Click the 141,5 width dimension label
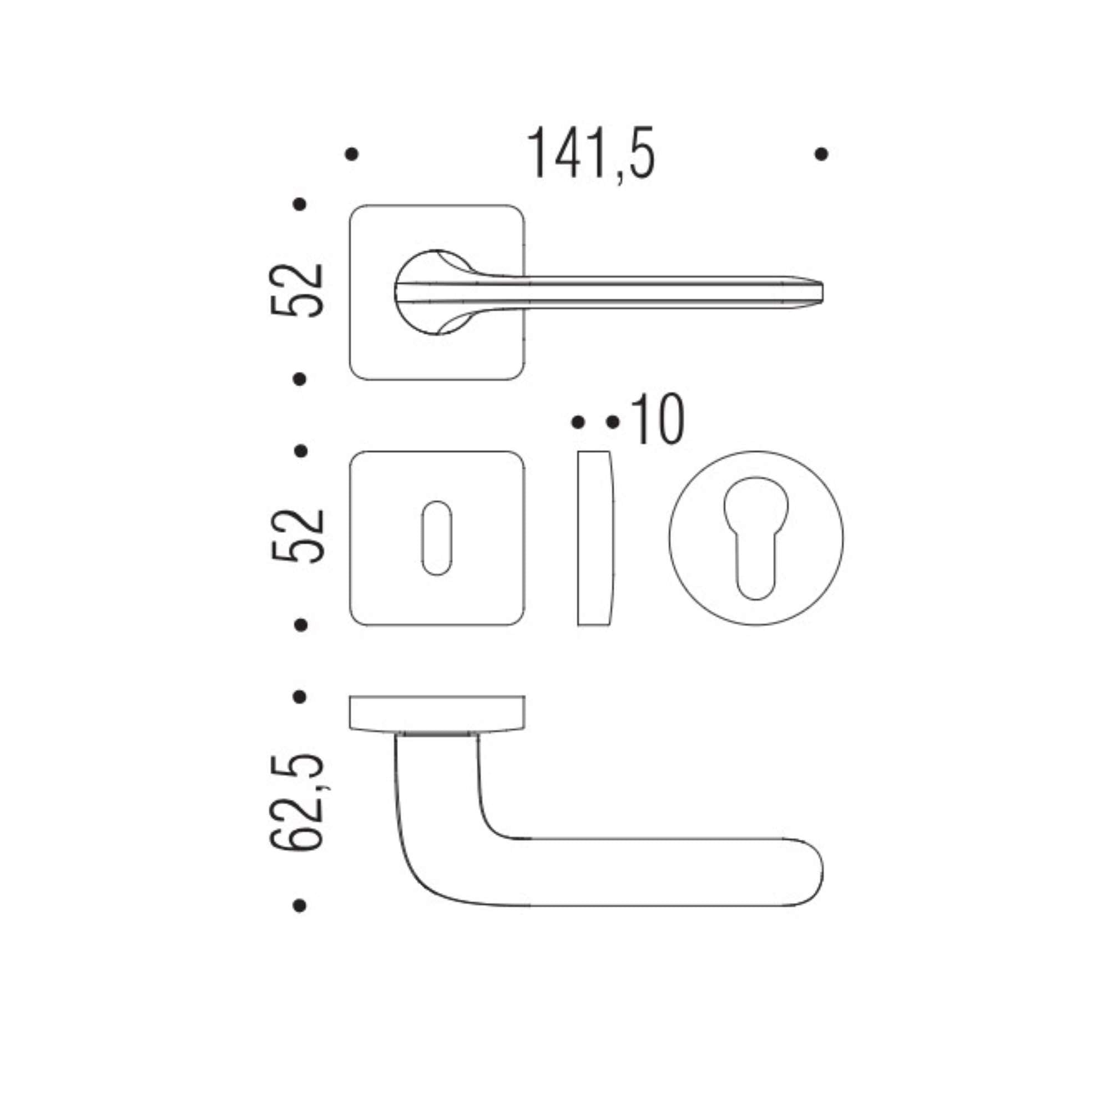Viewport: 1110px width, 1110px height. click(591, 153)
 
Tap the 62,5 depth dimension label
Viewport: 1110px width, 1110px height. click(297, 802)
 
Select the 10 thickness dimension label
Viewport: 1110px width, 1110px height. click(657, 420)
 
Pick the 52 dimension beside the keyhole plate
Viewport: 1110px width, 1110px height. click(297, 536)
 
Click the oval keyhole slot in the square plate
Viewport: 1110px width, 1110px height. click(437, 538)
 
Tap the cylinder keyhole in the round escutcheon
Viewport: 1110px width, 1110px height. click(755, 538)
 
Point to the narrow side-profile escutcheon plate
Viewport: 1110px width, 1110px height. click(595, 538)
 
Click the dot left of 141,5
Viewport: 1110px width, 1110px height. click(352, 154)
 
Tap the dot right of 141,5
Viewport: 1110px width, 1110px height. click(821, 154)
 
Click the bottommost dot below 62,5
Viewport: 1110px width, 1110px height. click(299, 906)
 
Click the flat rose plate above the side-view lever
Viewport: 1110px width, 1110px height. click(437, 713)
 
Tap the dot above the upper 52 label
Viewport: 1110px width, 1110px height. click(299, 204)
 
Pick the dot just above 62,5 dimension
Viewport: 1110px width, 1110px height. click(299, 697)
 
